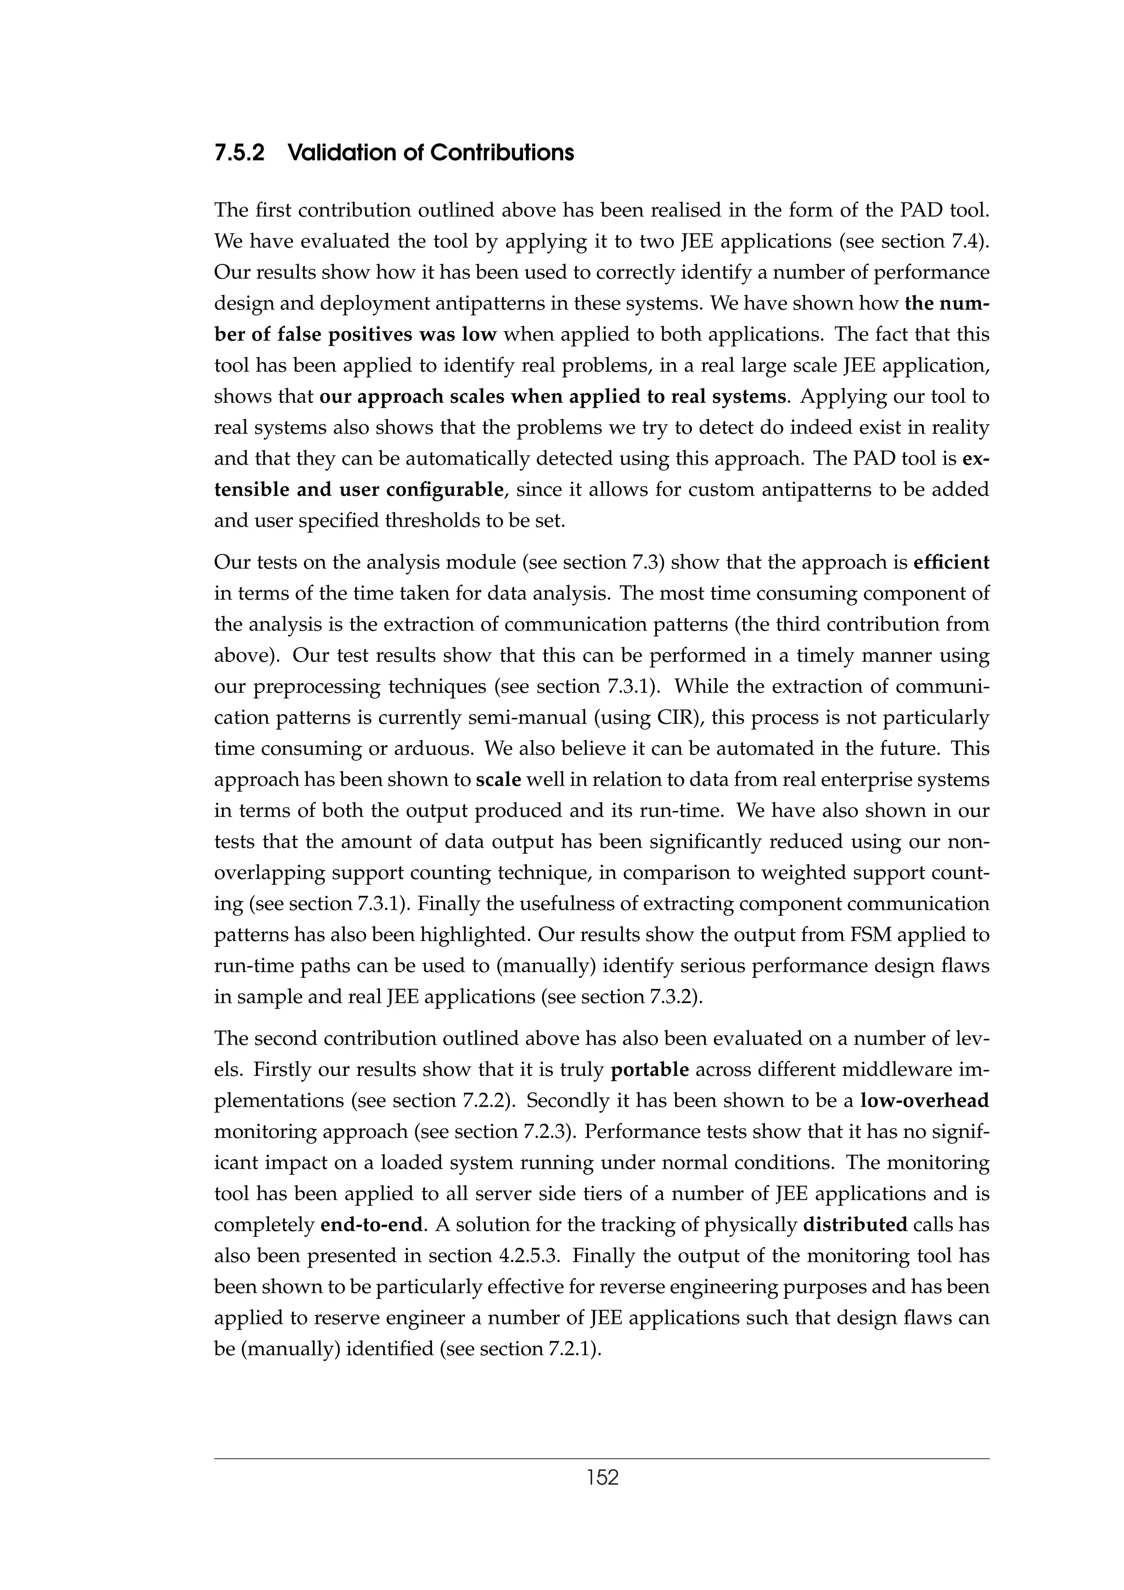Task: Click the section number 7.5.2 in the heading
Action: pos(239,153)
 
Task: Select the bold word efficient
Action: pos(952,562)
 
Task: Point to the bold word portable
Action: pos(650,1070)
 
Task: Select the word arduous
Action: pos(434,748)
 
